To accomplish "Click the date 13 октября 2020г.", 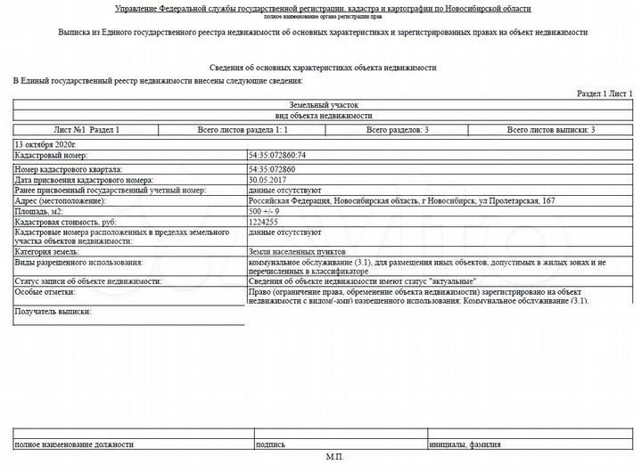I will pos(46,143).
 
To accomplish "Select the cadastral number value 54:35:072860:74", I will pos(277,156).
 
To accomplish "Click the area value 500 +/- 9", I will pos(264,211).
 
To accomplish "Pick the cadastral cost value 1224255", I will pos(264,222).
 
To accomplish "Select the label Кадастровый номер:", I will pos(51,156).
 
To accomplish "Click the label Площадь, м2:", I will pos(40,211).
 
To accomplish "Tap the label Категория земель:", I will pos(47,252).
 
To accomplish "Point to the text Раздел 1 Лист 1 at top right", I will pos(605,94).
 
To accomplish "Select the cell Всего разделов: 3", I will pos(398,130).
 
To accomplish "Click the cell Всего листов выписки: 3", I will pos(551,130).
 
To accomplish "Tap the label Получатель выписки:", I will pos(53,312).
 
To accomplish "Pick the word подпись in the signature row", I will pos(271,444).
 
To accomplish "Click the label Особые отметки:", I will pos(45,292).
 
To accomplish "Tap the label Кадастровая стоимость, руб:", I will pos(65,222).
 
